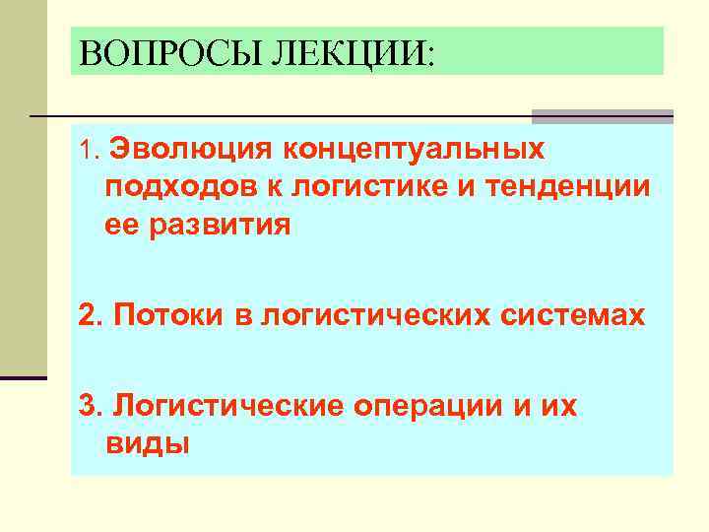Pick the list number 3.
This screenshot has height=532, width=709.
[x=89, y=406]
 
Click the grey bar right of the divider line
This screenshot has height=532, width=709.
[x=602, y=116]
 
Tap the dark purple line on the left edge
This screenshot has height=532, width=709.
[x=24, y=377]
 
